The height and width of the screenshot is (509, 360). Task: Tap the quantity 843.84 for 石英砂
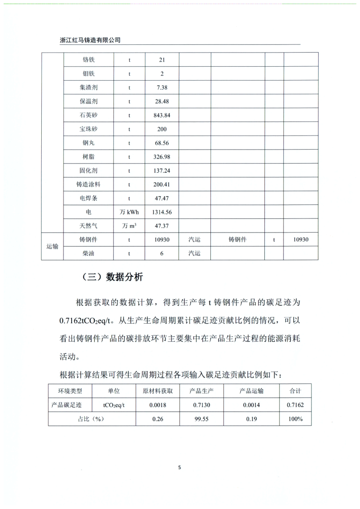tap(162, 115)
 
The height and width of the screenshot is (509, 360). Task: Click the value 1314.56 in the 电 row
tap(162, 212)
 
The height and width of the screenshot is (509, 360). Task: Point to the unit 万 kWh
tap(129, 212)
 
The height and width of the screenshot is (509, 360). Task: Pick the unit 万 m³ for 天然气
tap(129, 226)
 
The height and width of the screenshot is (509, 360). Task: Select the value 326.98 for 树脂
tap(162, 157)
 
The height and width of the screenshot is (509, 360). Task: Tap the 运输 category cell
tap(52, 247)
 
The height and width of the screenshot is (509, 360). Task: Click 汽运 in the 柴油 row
tap(195, 254)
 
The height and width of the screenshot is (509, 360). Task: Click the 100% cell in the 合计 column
tap(295, 419)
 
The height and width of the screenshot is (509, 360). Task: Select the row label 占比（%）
tap(92, 419)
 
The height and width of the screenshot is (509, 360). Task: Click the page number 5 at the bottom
tap(180, 468)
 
